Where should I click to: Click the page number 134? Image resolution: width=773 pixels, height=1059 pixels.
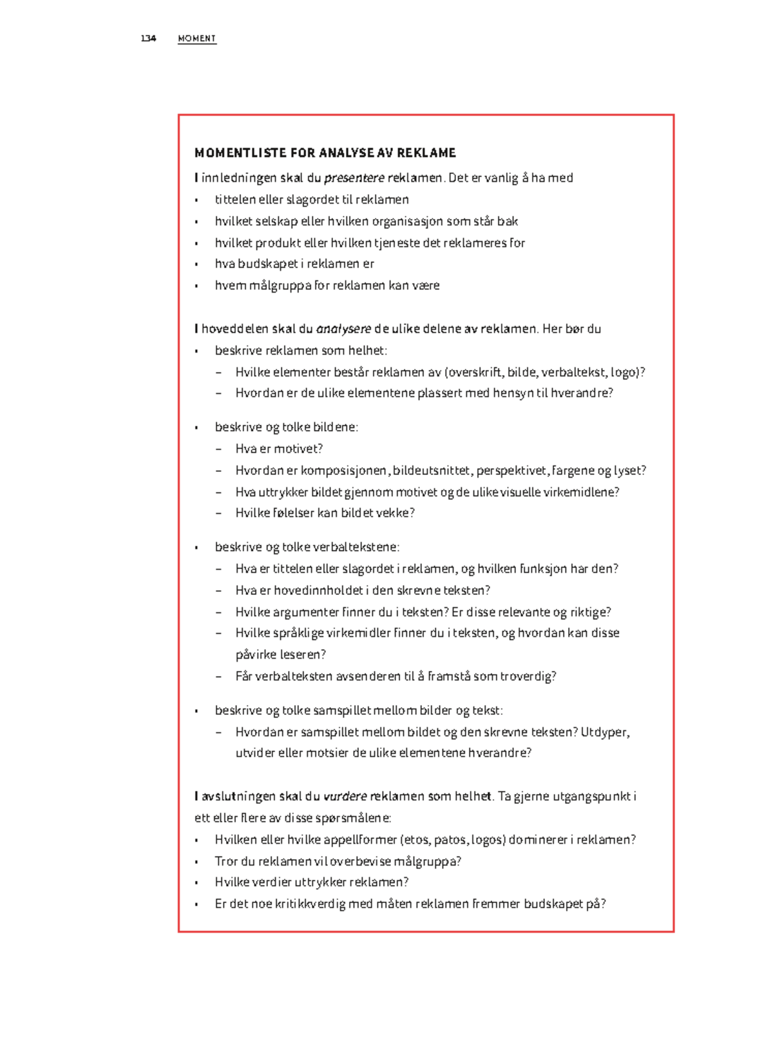pos(148,39)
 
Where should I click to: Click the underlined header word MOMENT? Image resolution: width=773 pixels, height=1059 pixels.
pos(196,39)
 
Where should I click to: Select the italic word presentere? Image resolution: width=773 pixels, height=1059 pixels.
pos(354,178)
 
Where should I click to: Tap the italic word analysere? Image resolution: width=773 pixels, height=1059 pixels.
pos(343,329)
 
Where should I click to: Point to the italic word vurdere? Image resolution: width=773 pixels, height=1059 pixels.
pos(345,796)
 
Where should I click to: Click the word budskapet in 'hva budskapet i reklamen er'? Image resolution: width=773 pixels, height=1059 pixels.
pos(267,264)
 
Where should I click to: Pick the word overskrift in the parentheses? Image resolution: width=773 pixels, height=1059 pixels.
pos(475,372)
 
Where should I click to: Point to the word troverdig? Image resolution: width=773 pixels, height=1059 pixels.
pos(532,676)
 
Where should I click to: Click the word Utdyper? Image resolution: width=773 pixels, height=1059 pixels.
pos(605,732)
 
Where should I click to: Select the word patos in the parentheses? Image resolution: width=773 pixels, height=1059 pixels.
pos(450,840)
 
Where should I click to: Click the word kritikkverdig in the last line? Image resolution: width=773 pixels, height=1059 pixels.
pos(310,904)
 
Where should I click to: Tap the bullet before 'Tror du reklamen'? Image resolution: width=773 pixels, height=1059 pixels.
pos(196,862)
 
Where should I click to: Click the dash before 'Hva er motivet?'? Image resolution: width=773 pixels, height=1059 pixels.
pos(218,449)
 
